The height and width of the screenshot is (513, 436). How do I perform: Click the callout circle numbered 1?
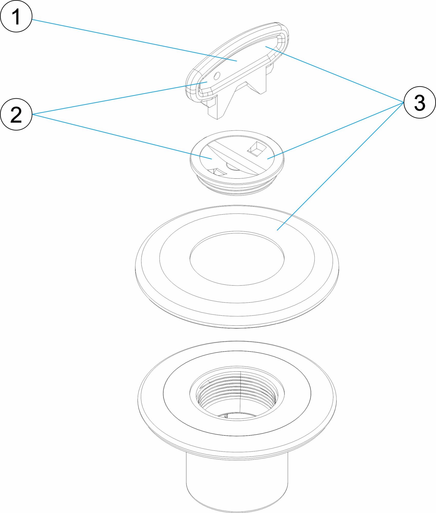pyautogui.click(x=16, y=16)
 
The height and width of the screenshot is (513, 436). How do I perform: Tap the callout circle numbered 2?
pyautogui.click(x=16, y=114)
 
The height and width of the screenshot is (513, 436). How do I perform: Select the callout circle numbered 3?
pyautogui.click(x=420, y=102)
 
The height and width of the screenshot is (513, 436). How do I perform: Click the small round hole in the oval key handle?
pyautogui.click(x=217, y=75)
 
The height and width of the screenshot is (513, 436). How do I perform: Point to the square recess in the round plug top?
pyautogui.click(x=255, y=149)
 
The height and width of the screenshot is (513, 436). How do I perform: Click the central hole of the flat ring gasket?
pyautogui.click(x=237, y=258)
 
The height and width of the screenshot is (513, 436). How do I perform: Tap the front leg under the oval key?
pyautogui.click(x=218, y=108)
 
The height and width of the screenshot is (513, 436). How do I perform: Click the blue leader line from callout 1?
pyautogui.click(x=134, y=40)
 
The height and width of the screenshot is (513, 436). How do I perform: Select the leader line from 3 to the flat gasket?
pyautogui.click(x=340, y=166)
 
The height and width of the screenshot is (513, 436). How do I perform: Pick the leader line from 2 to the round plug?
pyautogui.click(x=122, y=136)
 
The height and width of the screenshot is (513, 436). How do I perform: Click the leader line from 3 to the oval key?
pyautogui.click(x=335, y=74)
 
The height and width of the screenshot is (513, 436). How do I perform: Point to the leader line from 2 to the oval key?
pyautogui.click(x=120, y=98)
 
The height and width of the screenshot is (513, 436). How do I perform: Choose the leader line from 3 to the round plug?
pyautogui.click(x=335, y=131)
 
